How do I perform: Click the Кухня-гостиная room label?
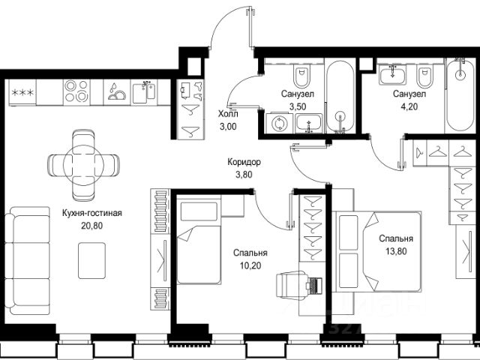[91, 213]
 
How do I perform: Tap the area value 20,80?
[91, 226]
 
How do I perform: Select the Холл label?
[228, 114]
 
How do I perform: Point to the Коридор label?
[244, 162]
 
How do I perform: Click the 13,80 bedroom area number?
[396, 251]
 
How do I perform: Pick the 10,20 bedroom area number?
[250, 265]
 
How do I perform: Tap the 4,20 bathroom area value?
[409, 106]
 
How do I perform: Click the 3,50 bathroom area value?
[298, 106]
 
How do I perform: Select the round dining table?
[83, 165]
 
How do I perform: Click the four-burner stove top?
[76, 91]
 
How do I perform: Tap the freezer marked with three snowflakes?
[22, 92]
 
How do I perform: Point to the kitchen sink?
[144, 91]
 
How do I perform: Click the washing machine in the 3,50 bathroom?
[279, 123]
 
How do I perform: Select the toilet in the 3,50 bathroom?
[301, 76]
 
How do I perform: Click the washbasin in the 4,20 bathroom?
[392, 75]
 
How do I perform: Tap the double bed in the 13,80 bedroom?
[378, 251]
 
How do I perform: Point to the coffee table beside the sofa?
[91, 261]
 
